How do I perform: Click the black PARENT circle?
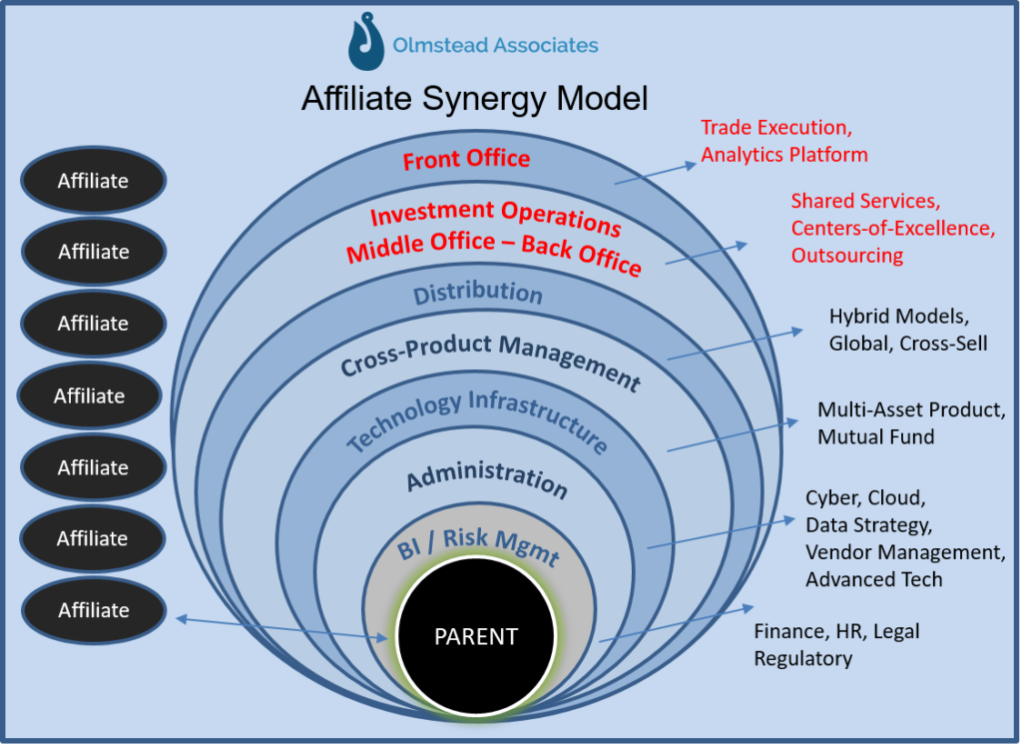tap(476, 635)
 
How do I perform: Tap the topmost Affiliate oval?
tap(93, 180)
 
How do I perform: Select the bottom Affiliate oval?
tap(93, 610)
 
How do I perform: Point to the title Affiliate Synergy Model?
tap(474, 99)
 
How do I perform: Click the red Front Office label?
tap(466, 159)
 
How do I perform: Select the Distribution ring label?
tap(478, 293)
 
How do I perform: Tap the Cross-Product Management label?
tap(490, 363)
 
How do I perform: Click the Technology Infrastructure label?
tap(476, 421)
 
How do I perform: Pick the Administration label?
tap(487, 479)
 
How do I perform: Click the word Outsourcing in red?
tap(846, 255)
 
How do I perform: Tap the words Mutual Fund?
tap(875, 436)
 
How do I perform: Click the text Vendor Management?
tap(905, 552)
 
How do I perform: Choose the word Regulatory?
tap(803, 659)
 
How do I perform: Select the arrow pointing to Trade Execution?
tap(656, 174)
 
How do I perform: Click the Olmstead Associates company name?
tap(495, 45)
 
